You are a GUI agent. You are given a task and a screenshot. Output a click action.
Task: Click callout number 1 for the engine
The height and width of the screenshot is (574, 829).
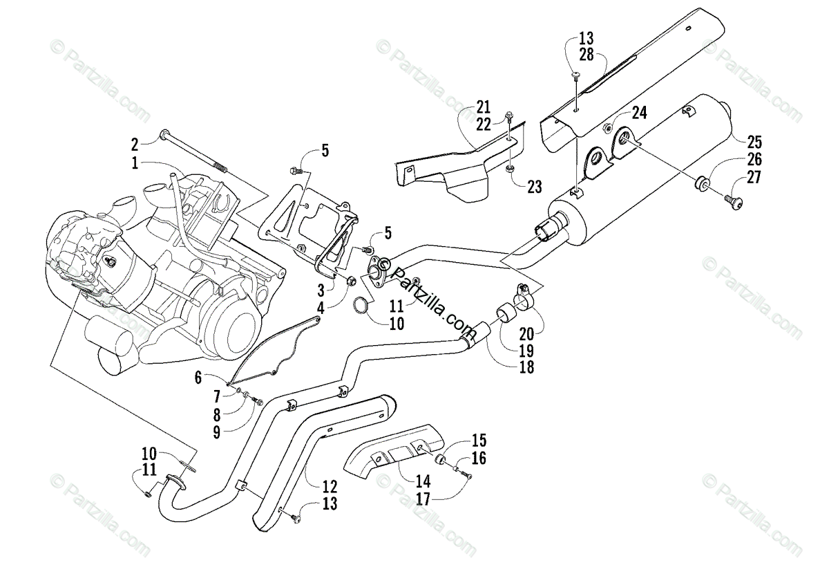click(135, 163)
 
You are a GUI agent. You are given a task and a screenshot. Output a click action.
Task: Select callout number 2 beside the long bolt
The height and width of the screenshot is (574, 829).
click(135, 145)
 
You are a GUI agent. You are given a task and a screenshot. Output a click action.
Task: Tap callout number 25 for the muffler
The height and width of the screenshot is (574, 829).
click(754, 142)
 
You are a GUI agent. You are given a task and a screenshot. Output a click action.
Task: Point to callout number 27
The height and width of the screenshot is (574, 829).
click(754, 177)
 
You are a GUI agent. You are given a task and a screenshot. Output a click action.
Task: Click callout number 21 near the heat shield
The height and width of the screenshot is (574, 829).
click(483, 107)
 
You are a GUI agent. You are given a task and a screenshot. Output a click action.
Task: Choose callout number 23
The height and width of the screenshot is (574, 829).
click(535, 187)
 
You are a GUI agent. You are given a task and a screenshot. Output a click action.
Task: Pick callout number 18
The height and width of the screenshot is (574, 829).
click(526, 367)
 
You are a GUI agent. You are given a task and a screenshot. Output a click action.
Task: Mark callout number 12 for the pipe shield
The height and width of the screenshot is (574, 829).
click(330, 487)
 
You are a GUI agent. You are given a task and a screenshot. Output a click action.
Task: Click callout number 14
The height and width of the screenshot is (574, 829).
click(423, 482)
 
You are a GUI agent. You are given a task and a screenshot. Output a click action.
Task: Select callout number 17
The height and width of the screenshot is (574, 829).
click(423, 499)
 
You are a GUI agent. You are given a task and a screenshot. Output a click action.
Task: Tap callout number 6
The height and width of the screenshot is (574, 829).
click(198, 378)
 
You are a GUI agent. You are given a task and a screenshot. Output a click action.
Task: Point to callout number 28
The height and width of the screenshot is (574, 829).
click(587, 55)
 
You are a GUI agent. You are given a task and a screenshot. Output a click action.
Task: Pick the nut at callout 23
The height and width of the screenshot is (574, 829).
click(510, 170)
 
